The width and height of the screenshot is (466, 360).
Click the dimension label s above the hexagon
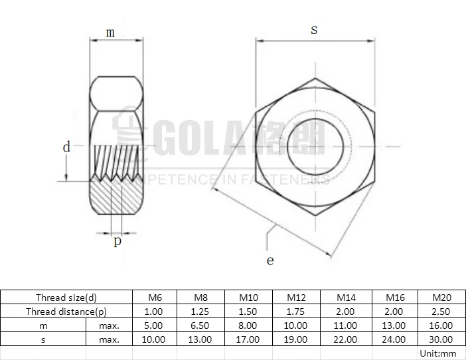pyautogui.click(x=314, y=29)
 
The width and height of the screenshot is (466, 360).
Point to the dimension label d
pyautogui.click(x=66, y=147)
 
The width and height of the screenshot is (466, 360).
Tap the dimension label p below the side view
pyautogui.click(x=117, y=241)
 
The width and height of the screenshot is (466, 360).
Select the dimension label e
pyautogui.click(x=270, y=260)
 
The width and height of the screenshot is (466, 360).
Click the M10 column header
pyautogui.click(x=248, y=297)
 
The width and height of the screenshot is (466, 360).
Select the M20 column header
pyautogui.click(x=441, y=297)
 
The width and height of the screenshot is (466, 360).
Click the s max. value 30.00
pyautogui.click(x=441, y=339)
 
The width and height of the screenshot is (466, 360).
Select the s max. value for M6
pyautogui.click(x=153, y=339)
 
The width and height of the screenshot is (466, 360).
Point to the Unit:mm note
pyautogui.click(x=439, y=353)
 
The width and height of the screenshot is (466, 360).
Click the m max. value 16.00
pyautogui.click(x=441, y=325)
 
